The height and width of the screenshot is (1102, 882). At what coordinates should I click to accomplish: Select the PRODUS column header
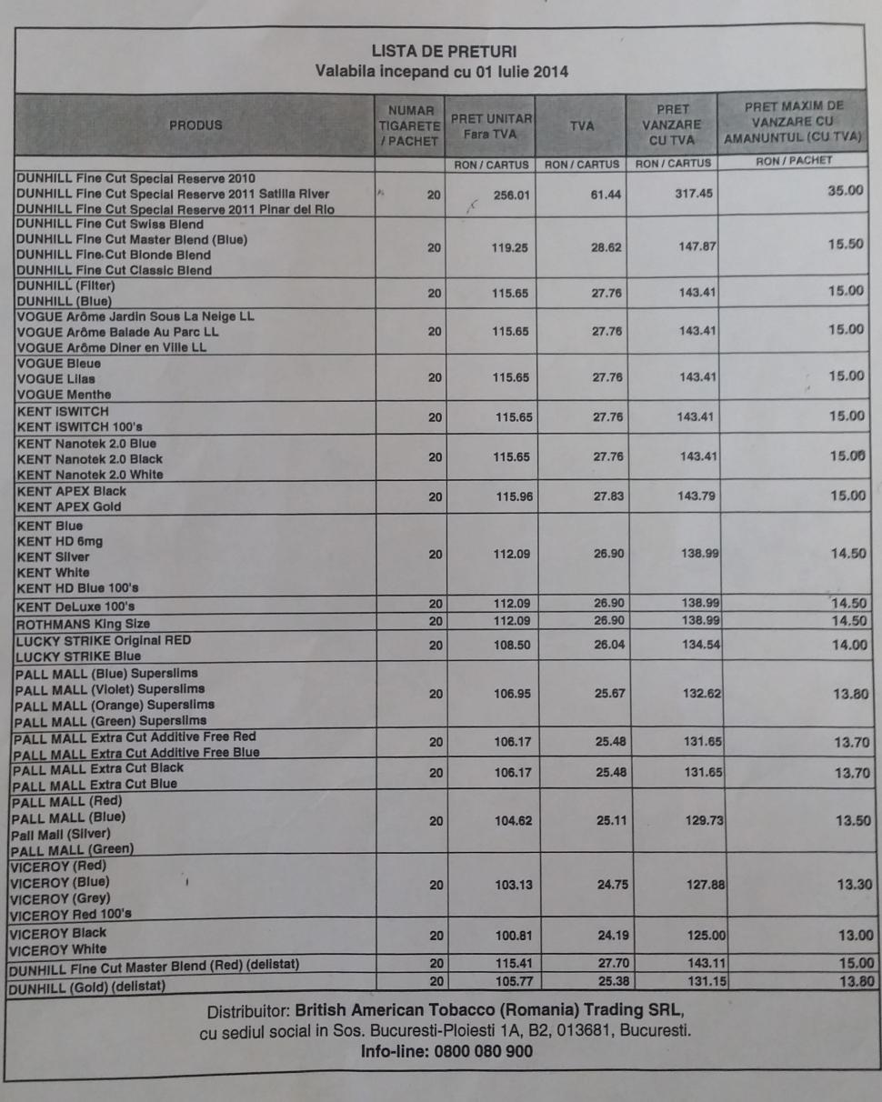pos(195,125)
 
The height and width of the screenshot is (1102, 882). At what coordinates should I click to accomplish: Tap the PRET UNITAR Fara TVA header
pos(491,126)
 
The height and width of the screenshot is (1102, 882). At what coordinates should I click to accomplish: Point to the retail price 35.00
pos(845,191)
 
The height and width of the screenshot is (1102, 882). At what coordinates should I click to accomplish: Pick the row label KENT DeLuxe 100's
pos(78,606)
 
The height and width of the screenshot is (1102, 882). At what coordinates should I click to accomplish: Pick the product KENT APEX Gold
pos(69,506)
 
